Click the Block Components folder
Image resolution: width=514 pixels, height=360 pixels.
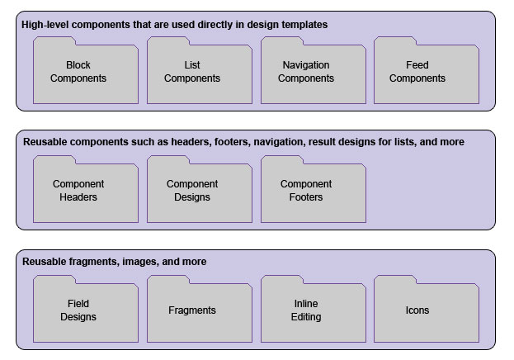85,72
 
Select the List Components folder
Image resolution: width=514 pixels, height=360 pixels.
199,72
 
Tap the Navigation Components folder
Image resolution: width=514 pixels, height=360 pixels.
313,72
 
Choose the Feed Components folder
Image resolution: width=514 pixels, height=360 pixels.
426,72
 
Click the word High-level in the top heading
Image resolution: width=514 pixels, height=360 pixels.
45,25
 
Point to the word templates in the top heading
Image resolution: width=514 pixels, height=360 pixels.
304,25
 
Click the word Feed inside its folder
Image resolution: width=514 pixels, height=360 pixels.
417,65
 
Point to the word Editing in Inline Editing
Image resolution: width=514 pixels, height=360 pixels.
306,317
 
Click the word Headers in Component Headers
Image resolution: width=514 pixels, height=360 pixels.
78,197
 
